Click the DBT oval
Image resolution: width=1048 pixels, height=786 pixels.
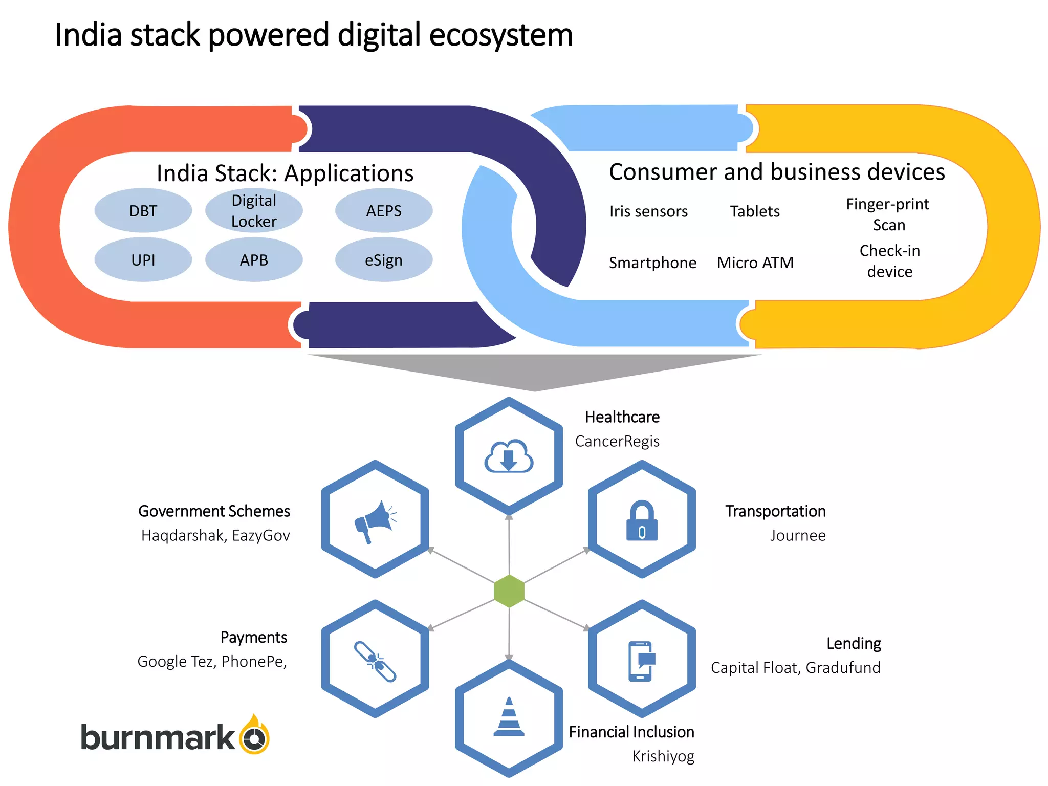coord(143,211)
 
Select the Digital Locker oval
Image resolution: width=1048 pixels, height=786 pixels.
coord(254,211)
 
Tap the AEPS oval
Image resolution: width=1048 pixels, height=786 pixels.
coord(384,211)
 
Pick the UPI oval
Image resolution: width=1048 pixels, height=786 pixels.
coord(143,260)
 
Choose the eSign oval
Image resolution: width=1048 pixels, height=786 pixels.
coord(384,260)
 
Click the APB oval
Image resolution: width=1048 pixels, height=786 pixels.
coord(254,260)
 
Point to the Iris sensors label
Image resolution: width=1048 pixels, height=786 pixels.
coord(648,211)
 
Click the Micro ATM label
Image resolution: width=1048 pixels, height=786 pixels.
coord(755,263)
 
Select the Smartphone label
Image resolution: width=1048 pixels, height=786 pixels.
coord(652,263)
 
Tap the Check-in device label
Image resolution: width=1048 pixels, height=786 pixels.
coord(889,261)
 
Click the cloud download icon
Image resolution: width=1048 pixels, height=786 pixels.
coord(509,456)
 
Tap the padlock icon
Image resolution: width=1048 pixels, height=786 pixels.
coord(642,521)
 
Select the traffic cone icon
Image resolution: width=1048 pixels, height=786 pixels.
coord(509,717)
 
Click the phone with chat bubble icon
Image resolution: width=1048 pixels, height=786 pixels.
coord(642,661)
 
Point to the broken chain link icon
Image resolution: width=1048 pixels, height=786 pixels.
coord(375,662)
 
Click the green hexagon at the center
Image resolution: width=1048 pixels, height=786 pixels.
coord(509,591)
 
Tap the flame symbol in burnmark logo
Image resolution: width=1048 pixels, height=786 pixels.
coord(254,735)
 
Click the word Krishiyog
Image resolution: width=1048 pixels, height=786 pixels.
coord(663,756)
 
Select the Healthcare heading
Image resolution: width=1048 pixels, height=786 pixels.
coord(622,417)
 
